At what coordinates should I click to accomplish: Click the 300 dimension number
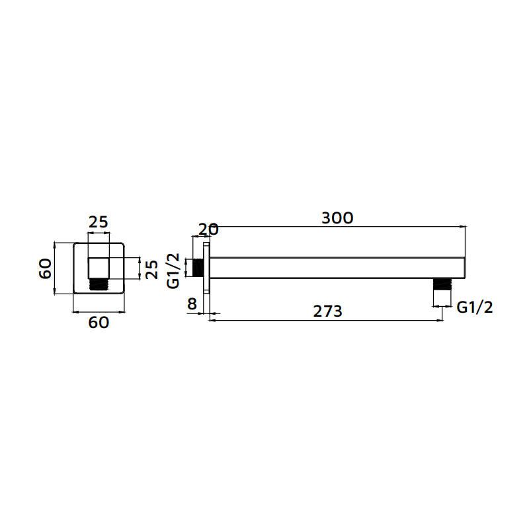click(337, 218)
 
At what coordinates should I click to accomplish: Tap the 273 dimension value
click(327, 311)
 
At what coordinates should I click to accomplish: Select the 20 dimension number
click(208, 229)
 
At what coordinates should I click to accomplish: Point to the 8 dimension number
click(192, 304)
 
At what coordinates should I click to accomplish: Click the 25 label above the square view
click(98, 222)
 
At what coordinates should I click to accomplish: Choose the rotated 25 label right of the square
click(152, 269)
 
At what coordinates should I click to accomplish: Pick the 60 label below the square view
click(99, 323)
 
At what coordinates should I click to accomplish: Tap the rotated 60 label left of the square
click(45, 268)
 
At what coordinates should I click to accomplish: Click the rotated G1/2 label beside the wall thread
click(173, 271)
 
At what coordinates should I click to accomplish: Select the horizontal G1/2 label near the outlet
click(475, 307)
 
